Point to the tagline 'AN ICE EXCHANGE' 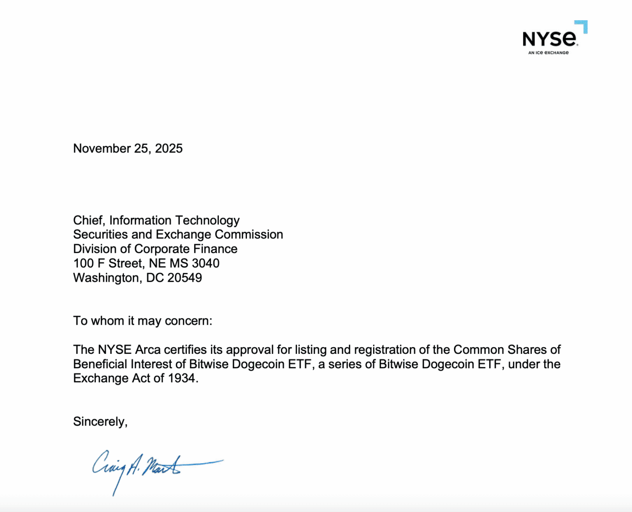click(548, 53)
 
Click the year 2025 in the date click(169, 149)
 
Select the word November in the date click(102, 149)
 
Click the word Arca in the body click(148, 350)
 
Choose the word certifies click(185, 350)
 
